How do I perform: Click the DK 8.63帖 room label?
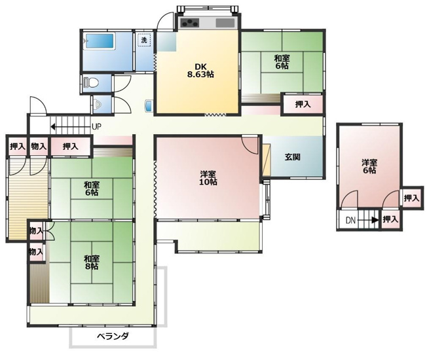(x=200, y=70)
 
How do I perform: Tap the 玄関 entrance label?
(x=292, y=156)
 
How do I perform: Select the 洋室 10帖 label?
(x=208, y=177)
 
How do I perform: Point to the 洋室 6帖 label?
(x=369, y=166)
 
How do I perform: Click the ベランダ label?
(x=113, y=336)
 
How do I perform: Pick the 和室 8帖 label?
(x=91, y=262)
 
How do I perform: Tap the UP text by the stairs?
(x=96, y=127)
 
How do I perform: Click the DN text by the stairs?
(x=351, y=220)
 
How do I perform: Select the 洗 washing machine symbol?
(x=144, y=40)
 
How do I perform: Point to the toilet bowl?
(x=92, y=82)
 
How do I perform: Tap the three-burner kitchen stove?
(x=191, y=24)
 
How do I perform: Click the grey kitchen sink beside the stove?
(x=224, y=23)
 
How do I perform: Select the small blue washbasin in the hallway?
(x=149, y=106)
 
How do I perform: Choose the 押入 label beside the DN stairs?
(x=391, y=219)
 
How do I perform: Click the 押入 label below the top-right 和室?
(x=303, y=104)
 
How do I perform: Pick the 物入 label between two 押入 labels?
(x=39, y=146)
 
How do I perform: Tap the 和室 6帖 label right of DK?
(x=283, y=62)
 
